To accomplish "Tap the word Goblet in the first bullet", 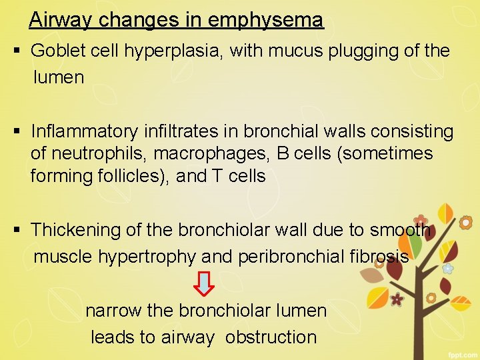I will pos(57,51).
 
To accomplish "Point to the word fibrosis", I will pos(380,257).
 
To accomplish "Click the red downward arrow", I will pos(204,283).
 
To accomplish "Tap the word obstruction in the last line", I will pos(271,337).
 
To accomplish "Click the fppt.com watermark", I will pos(461,351).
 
